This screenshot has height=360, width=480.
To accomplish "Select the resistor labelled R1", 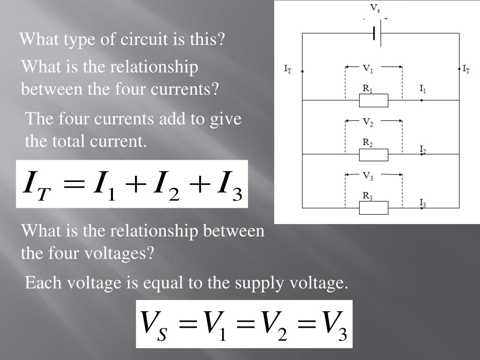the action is [374, 100].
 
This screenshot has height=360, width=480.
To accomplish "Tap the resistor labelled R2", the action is [374, 154].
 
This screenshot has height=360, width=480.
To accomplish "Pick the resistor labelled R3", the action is [374, 207].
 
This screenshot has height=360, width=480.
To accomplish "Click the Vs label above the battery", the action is [375, 8].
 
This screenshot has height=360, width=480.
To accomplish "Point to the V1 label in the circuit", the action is [368, 69].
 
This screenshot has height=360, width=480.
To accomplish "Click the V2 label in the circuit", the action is [368, 123].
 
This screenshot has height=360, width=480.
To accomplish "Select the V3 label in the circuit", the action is [368, 176].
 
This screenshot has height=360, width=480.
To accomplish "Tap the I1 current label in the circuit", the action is [422, 89].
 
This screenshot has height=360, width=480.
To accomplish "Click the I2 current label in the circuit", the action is [422, 150].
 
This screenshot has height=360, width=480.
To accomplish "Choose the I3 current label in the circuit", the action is [422, 203].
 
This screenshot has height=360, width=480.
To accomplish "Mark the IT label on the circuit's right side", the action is [466, 69].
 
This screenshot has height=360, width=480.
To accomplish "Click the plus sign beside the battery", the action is [386, 18].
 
